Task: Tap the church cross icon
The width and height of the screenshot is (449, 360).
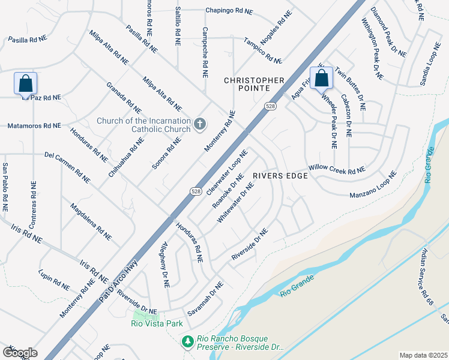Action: (x=200, y=125)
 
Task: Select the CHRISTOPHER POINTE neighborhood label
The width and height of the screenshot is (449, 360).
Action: (x=254, y=84)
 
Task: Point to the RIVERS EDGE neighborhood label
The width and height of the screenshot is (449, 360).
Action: (x=280, y=176)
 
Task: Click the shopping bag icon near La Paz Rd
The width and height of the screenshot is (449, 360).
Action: (x=26, y=84)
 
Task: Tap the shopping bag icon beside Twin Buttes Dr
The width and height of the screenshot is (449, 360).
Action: (x=322, y=78)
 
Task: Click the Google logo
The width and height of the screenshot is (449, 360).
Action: (x=20, y=353)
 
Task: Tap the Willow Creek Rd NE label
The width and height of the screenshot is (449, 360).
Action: (x=337, y=170)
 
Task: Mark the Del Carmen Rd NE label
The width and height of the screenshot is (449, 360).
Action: (x=67, y=167)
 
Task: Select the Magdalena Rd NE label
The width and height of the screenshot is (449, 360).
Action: (x=91, y=221)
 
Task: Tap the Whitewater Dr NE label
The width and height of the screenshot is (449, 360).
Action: (x=235, y=203)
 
